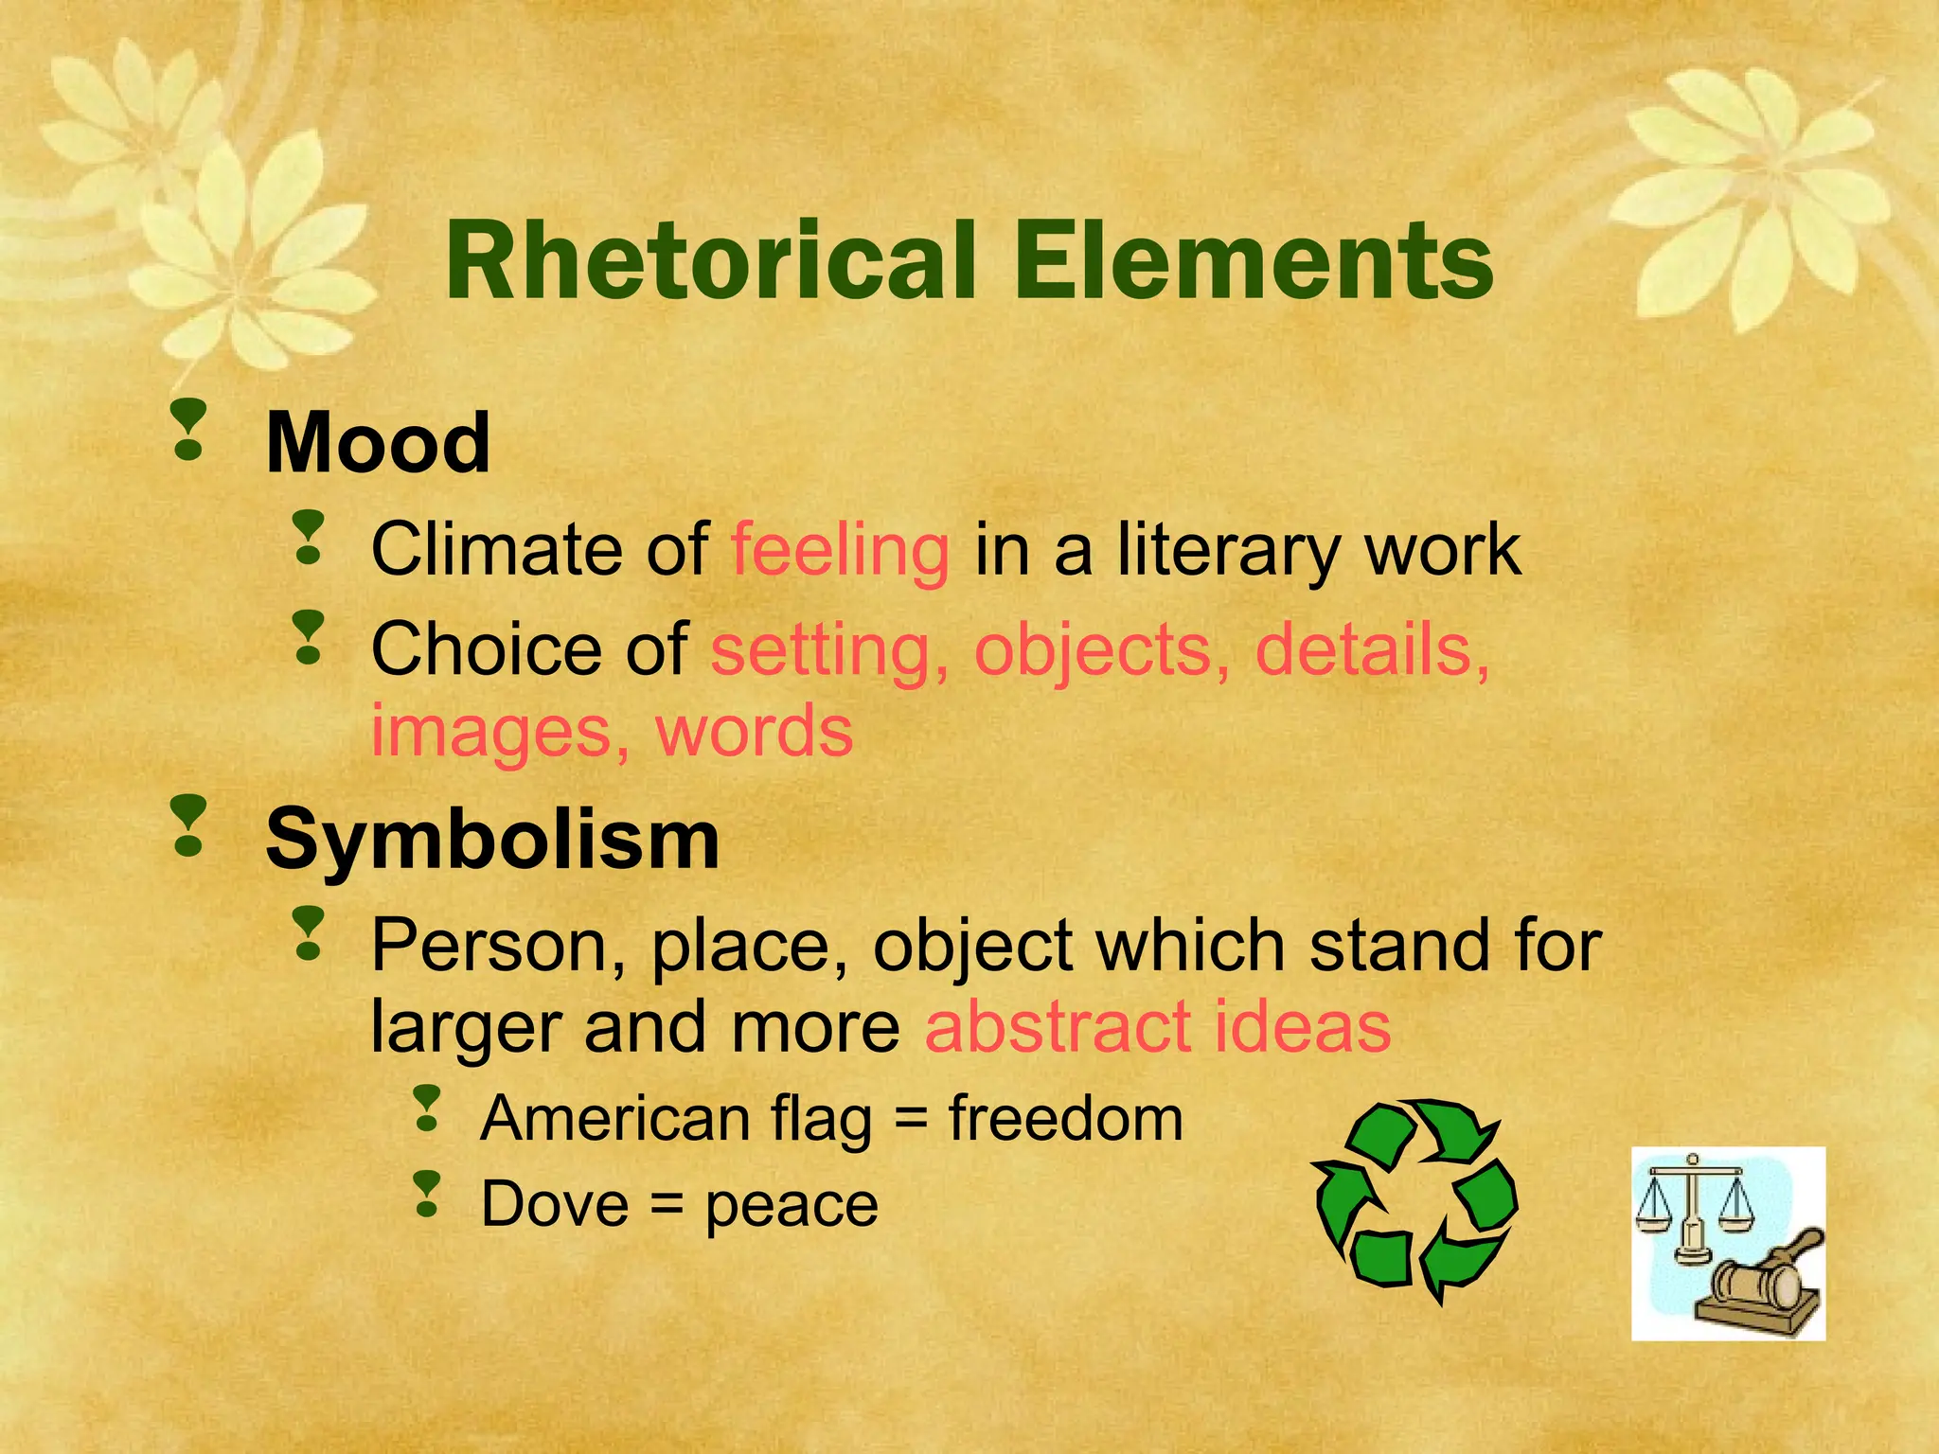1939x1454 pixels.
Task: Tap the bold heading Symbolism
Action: pyautogui.click(x=492, y=840)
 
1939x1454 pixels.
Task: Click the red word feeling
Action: pyautogui.click(x=840, y=550)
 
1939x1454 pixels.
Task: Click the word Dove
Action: pyautogui.click(x=554, y=1205)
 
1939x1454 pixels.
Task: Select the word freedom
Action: pyautogui.click(x=1066, y=1118)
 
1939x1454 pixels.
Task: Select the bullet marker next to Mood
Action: pyautogui.click(x=189, y=430)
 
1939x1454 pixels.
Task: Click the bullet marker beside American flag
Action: pyautogui.click(x=428, y=1108)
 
